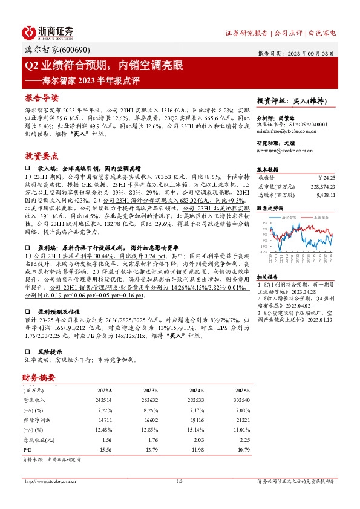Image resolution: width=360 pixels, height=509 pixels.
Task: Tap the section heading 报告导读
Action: tap(42, 98)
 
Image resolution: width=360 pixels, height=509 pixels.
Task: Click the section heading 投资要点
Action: tap(42, 155)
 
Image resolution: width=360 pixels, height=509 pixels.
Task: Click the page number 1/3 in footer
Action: tap(180, 481)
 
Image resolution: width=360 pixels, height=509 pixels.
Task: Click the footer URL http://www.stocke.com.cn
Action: tap(47, 481)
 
